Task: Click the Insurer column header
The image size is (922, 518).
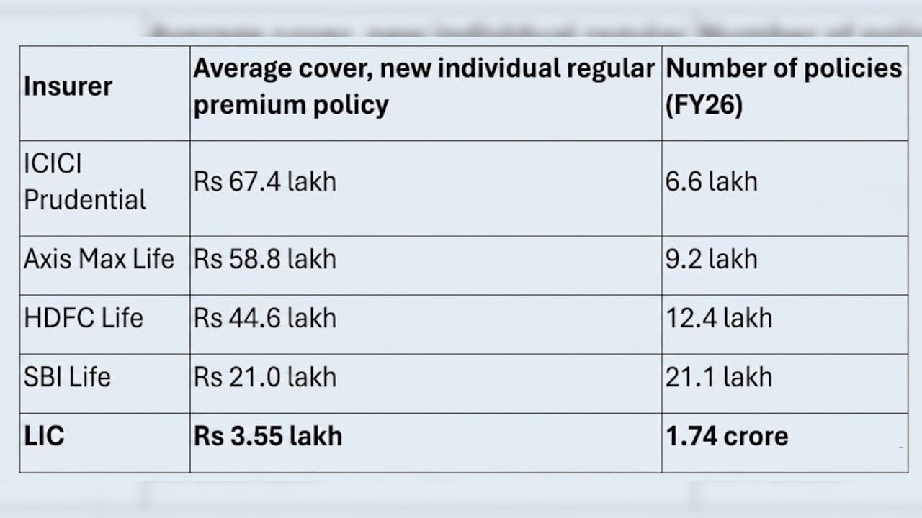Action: click(68, 87)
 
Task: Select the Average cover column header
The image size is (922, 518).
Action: click(424, 86)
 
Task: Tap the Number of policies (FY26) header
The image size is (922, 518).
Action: click(784, 86)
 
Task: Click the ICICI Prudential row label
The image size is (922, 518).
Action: click(85, 181)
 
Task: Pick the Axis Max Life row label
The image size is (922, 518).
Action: click(99, 259)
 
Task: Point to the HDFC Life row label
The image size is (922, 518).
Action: click(84, 318)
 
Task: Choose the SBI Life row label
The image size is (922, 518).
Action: click(68, 377)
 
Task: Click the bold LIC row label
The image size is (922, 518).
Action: click(44, 436)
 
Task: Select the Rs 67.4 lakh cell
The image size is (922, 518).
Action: click(265, 181)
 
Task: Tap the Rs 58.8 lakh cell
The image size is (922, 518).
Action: click(265, 259)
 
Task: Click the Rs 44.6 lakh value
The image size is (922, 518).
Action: click(265, 318)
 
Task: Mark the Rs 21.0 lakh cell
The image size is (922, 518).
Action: click(265, 377)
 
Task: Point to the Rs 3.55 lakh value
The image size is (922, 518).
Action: click(268, 436)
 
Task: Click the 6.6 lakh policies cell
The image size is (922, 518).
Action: click(712, 181)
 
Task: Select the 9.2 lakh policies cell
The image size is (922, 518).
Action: click(712, 259)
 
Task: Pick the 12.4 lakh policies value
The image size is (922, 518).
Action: click(719, 318)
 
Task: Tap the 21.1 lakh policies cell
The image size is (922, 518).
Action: click(719, 377)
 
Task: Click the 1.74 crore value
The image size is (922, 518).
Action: click(728, 436)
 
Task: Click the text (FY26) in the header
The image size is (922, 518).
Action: click(704, 105)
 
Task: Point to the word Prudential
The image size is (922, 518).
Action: click(85, 200)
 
